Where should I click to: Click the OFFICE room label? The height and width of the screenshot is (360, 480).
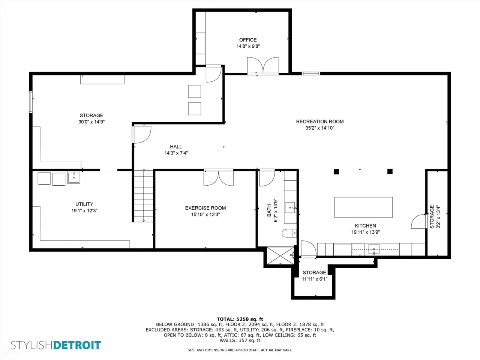point(248,40)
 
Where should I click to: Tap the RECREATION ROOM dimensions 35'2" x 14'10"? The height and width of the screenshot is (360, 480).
point(320,128)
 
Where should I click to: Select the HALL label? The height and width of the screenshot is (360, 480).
point(176,147)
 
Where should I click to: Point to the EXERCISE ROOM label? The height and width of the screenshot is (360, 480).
point(205,208)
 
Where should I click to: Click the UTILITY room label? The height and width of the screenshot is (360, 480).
point(84,204)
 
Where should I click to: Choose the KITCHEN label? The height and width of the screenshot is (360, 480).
point(365,226)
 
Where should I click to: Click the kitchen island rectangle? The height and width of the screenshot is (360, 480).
point(363,207)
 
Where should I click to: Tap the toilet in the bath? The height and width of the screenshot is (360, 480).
point(289,233)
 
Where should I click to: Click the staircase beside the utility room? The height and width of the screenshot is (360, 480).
point(144,196)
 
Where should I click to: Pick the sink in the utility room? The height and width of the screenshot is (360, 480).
point(74,177)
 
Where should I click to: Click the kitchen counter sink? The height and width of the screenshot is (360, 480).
point(374,250)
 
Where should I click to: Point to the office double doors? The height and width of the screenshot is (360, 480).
point(263,65)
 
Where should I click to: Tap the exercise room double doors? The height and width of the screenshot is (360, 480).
point(219,178)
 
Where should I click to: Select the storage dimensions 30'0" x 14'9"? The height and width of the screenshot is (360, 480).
point(91,122)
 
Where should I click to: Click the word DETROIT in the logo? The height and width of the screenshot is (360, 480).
point(77,345)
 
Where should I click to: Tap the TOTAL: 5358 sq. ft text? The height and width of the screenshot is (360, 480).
point(240,319)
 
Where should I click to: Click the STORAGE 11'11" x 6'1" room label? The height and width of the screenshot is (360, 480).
point(315,276)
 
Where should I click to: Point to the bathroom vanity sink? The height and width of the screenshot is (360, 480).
point(290,207)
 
